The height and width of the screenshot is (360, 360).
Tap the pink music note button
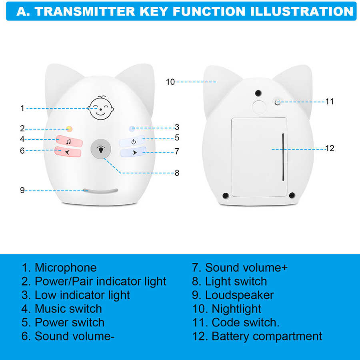pos(69,141)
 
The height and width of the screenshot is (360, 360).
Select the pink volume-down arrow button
pos(68,152)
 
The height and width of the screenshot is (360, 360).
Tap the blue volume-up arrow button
pos(134,152)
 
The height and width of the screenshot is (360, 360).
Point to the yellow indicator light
pos(69,129)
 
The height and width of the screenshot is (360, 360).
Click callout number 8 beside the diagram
pos(177,173)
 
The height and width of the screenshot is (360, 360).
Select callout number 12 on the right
pos(330,148)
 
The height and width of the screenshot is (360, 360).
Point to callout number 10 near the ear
pos(170,82)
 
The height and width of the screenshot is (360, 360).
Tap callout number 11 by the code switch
pos(329,102)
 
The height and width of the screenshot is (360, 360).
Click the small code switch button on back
pos(276,102)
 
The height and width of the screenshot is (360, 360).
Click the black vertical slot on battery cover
pos(283,157)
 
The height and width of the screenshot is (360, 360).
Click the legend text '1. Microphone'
pos(59,268)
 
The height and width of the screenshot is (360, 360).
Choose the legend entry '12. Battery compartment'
pos(257,336)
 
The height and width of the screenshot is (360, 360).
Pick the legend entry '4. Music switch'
pos(62,309)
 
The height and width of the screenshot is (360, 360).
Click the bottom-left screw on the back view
pos(226,195)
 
